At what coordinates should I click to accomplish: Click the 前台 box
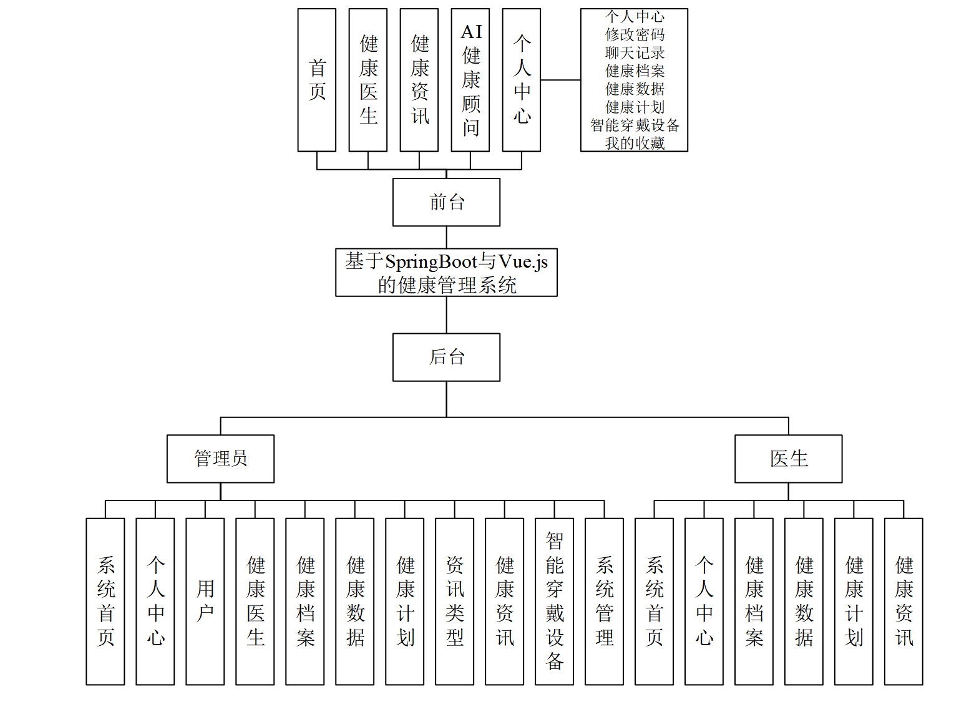click(446, 202)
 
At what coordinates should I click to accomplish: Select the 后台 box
click(446, 357)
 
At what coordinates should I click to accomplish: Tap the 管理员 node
click(220, 459)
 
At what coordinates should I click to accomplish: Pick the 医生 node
click(788, 459)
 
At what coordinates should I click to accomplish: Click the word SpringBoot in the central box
click(431, 261)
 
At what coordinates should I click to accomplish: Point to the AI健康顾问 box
click(470, 80)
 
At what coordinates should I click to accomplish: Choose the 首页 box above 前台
click(317, 80)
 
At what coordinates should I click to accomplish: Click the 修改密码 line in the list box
click(635, 35)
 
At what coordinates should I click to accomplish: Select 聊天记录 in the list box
click(635, 53)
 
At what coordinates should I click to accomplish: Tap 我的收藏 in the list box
click(635, 144)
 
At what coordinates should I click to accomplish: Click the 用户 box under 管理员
click(205, 602)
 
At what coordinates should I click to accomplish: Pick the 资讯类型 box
click(455, 602)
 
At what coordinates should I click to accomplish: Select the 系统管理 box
click(604, 602)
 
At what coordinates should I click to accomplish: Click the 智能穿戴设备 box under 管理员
click(555, 602)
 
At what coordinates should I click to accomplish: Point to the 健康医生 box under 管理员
click(255, 602)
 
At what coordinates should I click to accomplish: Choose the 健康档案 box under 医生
click(754, 602)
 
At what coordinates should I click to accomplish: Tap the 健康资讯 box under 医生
click(903, 602)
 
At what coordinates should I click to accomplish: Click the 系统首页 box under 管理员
click(105, 602)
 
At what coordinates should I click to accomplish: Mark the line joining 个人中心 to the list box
click(560, 80)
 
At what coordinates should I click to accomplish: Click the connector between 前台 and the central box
click(446, 237)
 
